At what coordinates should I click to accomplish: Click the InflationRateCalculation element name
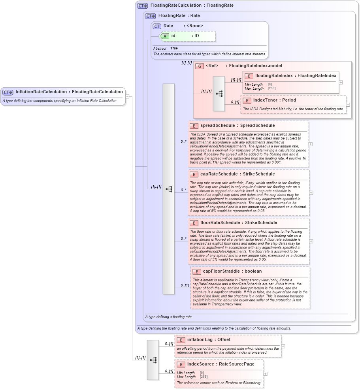coord(41,92)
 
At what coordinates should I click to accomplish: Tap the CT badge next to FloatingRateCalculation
coord(142,6)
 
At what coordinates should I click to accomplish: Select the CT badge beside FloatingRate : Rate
coord(150,16)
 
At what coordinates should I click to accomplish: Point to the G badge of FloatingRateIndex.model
coord(200,66)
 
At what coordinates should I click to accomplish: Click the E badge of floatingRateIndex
coord(249,76)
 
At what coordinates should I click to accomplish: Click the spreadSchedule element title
coord(217,126)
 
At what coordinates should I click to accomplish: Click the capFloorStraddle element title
coord(221,271)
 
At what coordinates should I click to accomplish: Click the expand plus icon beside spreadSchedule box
coord(311,144)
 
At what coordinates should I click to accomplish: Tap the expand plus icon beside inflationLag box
coord(283,346)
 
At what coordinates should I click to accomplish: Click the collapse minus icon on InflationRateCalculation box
coord(127,96)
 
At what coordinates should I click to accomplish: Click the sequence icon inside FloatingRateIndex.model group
coord(219,94)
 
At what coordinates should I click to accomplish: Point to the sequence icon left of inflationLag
coord(153,360)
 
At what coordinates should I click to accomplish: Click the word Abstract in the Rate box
coord(160,49)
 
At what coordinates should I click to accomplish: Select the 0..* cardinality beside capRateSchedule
coord(184,190)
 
